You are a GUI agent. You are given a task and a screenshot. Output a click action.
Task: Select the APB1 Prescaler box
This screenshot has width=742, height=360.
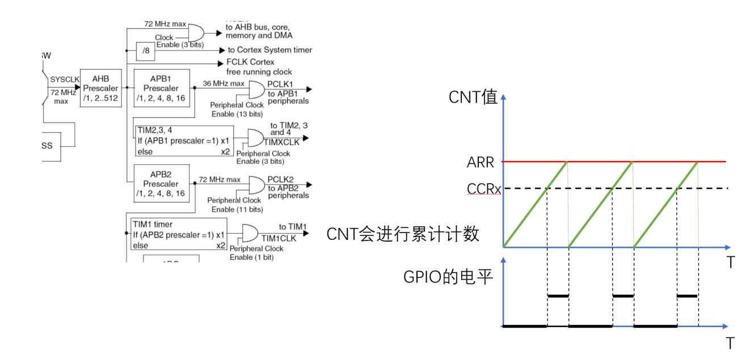coord(161,88)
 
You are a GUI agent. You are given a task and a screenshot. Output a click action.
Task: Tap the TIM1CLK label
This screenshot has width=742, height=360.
coord(280,238)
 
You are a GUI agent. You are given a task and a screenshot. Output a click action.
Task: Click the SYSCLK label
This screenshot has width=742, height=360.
coord(64,79)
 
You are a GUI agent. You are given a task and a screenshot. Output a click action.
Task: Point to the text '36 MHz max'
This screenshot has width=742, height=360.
coord(224,83)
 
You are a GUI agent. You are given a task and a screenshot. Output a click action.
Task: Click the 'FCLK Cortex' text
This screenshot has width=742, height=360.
coord(250,62)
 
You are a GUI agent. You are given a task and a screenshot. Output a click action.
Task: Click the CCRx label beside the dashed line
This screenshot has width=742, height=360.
coord(483,188)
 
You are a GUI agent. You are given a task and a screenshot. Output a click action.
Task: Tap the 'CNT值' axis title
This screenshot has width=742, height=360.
coord(473,97)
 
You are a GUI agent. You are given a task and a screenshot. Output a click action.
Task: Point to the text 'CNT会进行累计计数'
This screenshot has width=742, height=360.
coord(403,234)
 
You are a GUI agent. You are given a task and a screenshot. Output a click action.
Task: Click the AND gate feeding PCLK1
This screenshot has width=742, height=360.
coord(256,89)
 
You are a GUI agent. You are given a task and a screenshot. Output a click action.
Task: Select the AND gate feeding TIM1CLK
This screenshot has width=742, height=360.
coord(250,232)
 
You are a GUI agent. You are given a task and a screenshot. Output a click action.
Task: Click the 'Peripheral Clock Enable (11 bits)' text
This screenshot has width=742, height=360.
coord(234,205)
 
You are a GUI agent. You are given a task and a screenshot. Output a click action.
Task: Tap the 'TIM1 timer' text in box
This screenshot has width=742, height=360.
coord(152,224)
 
